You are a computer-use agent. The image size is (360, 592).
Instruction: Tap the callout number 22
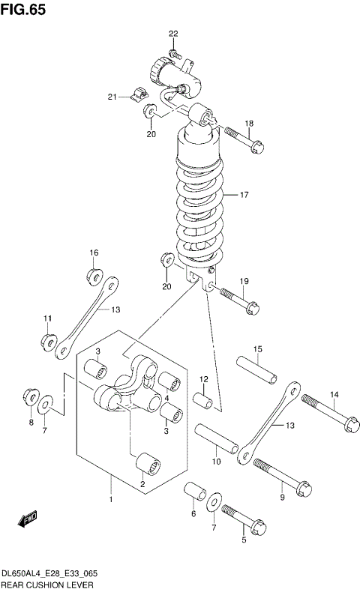[173, 34]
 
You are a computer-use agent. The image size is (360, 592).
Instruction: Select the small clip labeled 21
[136, 94]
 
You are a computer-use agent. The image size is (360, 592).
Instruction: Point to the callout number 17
[244, 195]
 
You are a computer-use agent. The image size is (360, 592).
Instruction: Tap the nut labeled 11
[48, 342]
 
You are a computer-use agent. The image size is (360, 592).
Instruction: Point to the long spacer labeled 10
[217, 442]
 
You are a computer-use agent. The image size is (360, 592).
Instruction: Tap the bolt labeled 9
[280, 478]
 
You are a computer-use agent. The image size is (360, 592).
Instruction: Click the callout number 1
[111, 499]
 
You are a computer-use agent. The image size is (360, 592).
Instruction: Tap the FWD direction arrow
[28, 517]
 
